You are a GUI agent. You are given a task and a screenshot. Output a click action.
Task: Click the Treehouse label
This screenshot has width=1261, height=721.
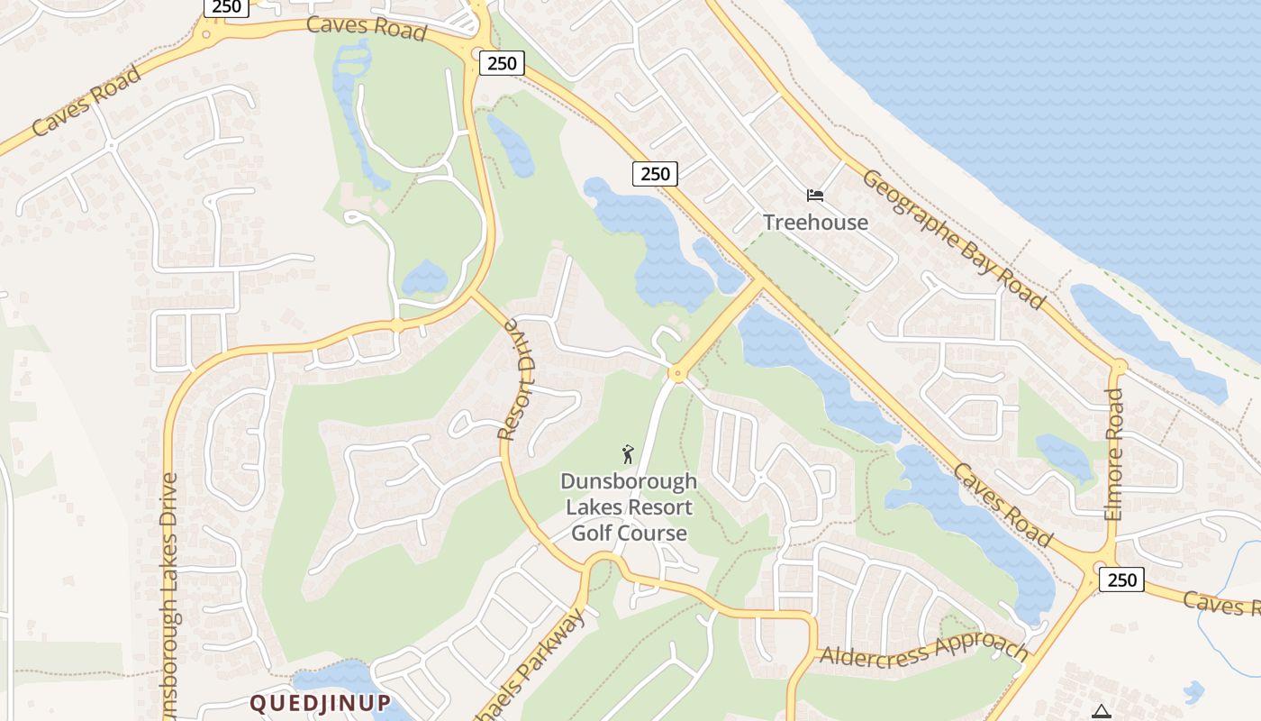pos(815,223)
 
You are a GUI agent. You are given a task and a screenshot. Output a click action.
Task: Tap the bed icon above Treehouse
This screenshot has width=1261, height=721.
pos(815,196)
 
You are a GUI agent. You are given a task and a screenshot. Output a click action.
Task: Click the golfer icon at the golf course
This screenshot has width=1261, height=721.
pos(628,453)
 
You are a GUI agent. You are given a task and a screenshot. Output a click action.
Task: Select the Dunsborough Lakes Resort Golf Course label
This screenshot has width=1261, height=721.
pos(628,507)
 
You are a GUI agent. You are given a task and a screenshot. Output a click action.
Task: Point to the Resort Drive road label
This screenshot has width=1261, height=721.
pos(516,379)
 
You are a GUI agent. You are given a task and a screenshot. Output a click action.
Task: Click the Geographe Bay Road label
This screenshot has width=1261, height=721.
pos(954,238)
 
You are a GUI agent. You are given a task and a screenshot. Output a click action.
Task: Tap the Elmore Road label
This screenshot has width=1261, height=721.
pos(1114,454)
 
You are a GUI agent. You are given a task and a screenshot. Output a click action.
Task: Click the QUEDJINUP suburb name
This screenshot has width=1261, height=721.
pos(320,702)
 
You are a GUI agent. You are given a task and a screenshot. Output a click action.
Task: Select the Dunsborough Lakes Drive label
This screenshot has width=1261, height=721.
pos(168,595)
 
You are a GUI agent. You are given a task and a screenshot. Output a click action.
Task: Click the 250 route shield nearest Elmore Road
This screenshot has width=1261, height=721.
pos(1121,580)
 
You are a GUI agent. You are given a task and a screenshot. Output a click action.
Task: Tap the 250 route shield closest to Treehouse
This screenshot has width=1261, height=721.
pos(654,173)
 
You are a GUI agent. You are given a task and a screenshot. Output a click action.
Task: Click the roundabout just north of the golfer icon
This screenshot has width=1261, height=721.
pos(676,373)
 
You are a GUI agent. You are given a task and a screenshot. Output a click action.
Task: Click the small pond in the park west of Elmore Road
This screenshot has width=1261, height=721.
pos(1064,455)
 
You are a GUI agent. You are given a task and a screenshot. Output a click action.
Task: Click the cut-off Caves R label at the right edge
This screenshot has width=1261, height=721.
pos(1220,604)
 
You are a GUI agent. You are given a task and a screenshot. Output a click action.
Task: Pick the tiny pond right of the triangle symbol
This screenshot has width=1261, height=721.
pos(1193,692)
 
